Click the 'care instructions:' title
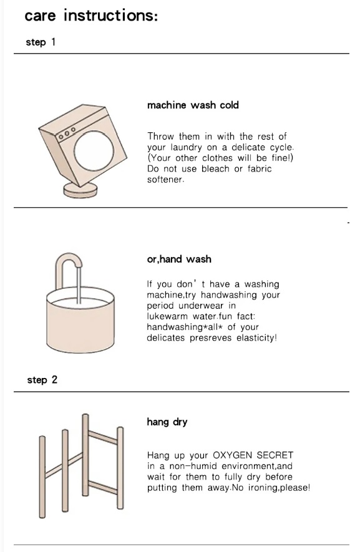[91, 16]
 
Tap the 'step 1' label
[41, 42]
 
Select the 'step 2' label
[42, 380]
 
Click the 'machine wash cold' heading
[193, 105]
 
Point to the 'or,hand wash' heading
[179, 259]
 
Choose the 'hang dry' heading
[167, 422]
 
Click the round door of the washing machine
[94, 151]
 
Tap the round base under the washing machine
[80, 190]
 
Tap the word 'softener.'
[165, 180]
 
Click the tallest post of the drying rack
[85, 455]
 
